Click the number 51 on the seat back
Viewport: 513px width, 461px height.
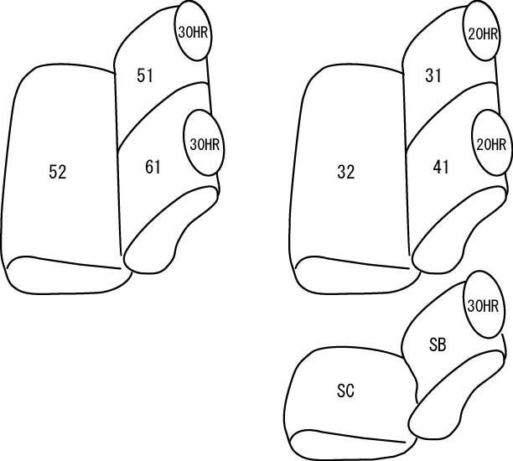145,76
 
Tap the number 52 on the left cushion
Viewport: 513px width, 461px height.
58,172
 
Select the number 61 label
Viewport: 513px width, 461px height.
153,167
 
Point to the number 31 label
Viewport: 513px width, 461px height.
433,76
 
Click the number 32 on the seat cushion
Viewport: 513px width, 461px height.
346,172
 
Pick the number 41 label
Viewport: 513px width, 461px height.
441,167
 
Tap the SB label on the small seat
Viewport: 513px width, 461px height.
438,344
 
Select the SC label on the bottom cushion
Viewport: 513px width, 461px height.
345,391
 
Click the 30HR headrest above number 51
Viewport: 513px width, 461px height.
193,31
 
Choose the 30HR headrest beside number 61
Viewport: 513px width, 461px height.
204,142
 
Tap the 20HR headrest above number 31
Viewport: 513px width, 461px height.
481,31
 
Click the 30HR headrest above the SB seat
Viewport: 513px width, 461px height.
483,304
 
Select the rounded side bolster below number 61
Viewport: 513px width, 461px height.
172,229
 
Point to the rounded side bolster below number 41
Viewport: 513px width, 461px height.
459,229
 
